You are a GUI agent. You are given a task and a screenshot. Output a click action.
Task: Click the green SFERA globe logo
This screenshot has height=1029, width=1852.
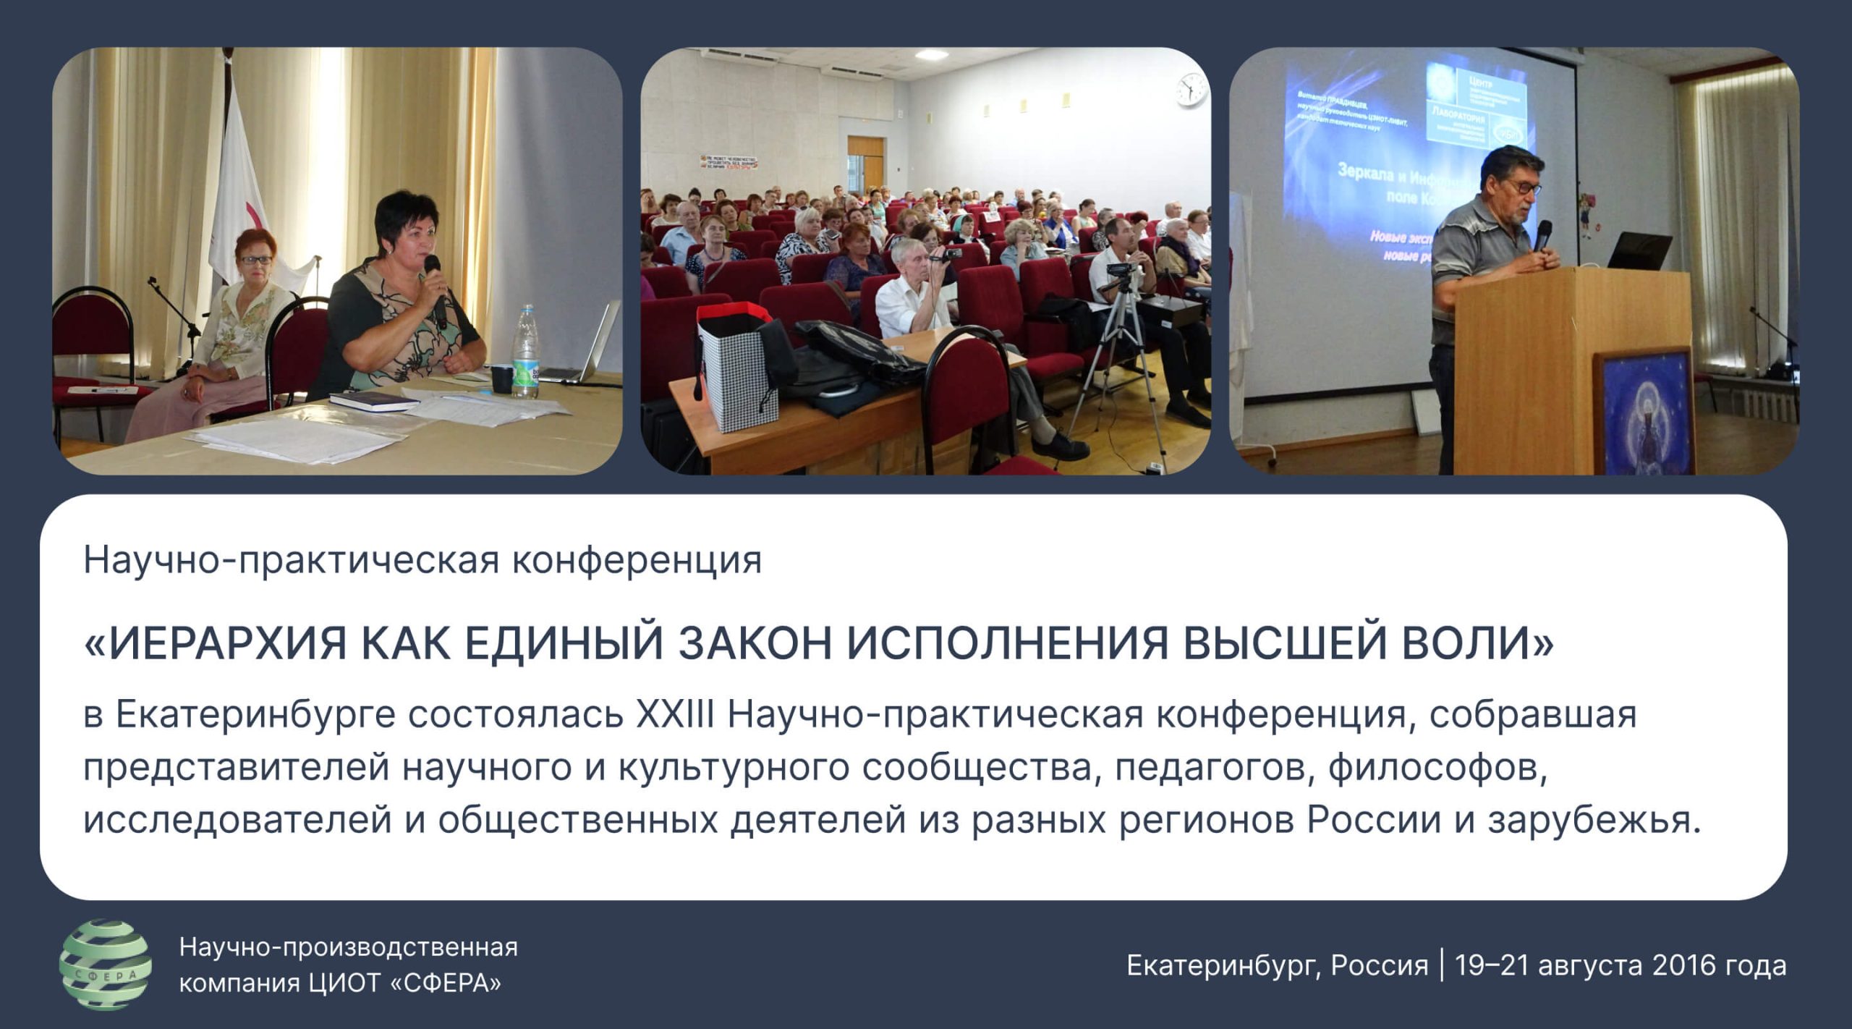106,965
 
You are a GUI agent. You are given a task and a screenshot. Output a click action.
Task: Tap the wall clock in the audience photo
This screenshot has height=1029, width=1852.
1191,90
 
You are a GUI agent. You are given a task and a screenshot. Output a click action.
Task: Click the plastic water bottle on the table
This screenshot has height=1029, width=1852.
525,352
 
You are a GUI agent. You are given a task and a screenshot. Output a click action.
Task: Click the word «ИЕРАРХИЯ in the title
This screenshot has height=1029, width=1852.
215,643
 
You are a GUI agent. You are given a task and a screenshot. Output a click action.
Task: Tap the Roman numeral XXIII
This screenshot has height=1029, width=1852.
675,714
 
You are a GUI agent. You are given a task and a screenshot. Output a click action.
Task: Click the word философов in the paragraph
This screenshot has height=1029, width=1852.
1437,768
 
